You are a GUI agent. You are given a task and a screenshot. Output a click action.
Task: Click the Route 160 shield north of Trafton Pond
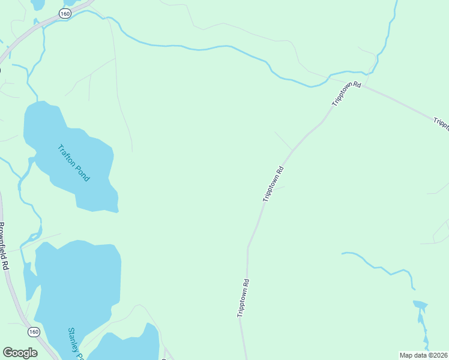(x=65, y=13)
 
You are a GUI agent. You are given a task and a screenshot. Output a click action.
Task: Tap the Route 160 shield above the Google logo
(x=34, y=331)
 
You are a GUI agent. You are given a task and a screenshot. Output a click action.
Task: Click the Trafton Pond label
(x=74, y=163)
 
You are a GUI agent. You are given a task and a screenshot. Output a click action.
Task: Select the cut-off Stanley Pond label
(x=75, y=343)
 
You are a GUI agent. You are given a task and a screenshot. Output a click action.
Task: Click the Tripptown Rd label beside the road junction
(x=346, y=94)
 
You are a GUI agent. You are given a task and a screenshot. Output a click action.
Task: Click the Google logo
(x=20, y=353)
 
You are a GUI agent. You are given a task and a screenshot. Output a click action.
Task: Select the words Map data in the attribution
(x=413, y=355)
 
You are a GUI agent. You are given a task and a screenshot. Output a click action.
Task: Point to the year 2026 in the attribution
(x=439, y=355)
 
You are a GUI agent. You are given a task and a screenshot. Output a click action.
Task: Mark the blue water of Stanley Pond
(x=78, y=282)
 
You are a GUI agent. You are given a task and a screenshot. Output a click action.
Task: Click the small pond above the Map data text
(x=420, y=305)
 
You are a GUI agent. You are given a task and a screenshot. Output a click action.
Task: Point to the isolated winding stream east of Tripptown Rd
(x=378, y=268)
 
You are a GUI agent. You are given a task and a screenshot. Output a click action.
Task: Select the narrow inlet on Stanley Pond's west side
(x=29, y=279)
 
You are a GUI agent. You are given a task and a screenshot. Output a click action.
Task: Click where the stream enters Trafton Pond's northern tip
(x=38, y=101)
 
